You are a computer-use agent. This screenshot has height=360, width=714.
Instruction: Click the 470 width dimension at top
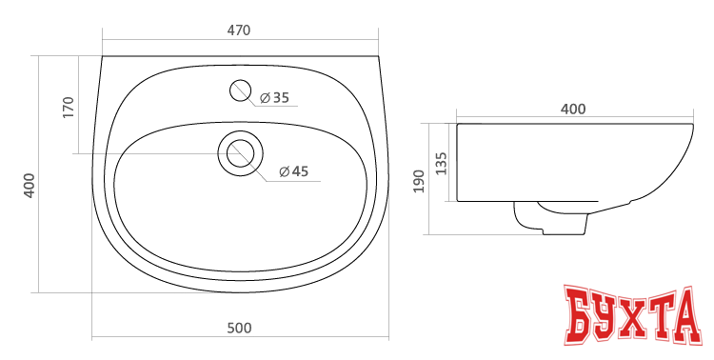pos(239,30)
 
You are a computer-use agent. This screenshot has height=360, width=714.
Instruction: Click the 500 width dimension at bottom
pos(239,329)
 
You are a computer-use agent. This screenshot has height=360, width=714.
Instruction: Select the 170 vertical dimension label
pos(68,108)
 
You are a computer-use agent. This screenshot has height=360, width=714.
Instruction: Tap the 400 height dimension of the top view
pos(30,186)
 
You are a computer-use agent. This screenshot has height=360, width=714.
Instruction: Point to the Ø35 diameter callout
pos(274,97)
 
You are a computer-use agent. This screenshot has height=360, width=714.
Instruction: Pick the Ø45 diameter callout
pos(294,171)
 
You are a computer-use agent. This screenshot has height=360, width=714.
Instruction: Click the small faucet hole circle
pos(241,90)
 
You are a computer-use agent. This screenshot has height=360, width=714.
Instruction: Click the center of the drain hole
pos(241,153)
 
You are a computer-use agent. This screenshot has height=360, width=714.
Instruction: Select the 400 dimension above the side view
pos(573,109)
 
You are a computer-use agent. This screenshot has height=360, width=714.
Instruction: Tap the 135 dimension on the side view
pos(441,163)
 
